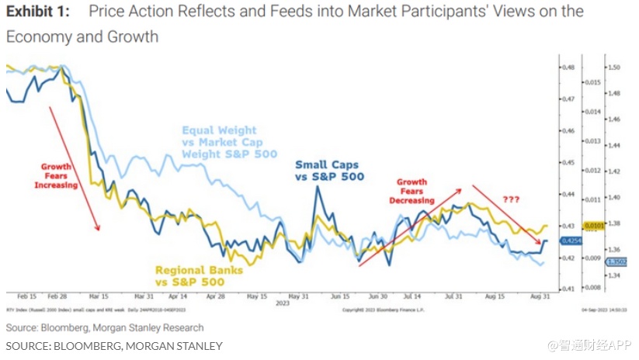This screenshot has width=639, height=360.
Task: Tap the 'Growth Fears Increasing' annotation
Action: click(57, 176)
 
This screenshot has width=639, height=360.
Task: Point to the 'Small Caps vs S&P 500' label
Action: click(329, 171)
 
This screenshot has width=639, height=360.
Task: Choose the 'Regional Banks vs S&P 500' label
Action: click(200, 275)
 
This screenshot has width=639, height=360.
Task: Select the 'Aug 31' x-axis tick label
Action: click(539, 296)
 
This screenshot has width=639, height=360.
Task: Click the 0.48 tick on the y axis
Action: click(569, 67)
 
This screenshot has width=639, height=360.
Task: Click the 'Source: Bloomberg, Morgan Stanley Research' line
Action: click(105, 327)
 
